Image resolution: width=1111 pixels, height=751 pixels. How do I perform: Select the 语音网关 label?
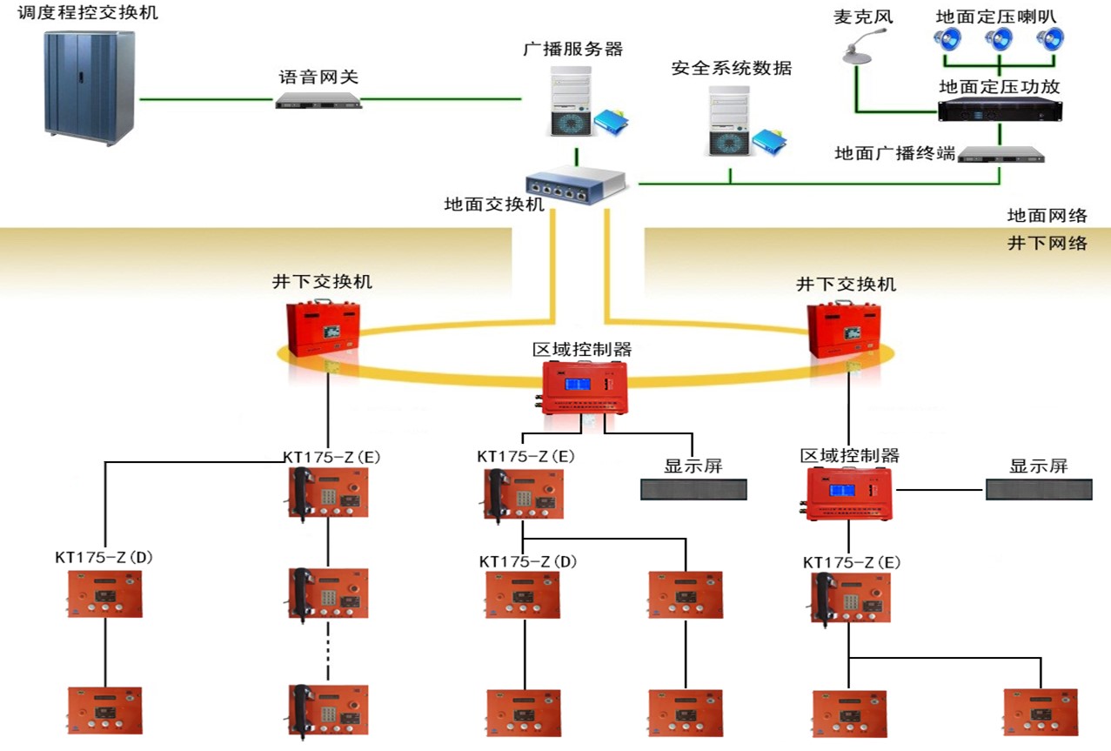pyautogui.click(x=318, y=77)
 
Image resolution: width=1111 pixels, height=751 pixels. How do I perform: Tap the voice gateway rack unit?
pyautogui.click(x=318, y=101)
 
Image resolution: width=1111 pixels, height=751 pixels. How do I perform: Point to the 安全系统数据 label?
pyautogui.click(x=732, y=68)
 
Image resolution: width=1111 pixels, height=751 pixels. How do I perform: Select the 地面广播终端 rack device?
pyautogui.click(x=1000, y=155)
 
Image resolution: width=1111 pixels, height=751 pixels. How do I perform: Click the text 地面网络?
pyautogui.click(x=1047, y=215)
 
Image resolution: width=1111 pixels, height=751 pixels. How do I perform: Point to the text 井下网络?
pyautogui.click(x=1047, y=243)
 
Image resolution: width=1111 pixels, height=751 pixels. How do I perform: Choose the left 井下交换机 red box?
pyautogui.click(x=324, y=329)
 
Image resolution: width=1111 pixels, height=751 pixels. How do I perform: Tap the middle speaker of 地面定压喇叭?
pyautogui.click(x=999, y=38)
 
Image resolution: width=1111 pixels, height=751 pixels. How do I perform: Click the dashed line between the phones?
pyautogui.click(x=328, y=649)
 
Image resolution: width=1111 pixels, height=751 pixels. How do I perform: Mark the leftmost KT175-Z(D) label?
pyautogui.click(x=103, y=558)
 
